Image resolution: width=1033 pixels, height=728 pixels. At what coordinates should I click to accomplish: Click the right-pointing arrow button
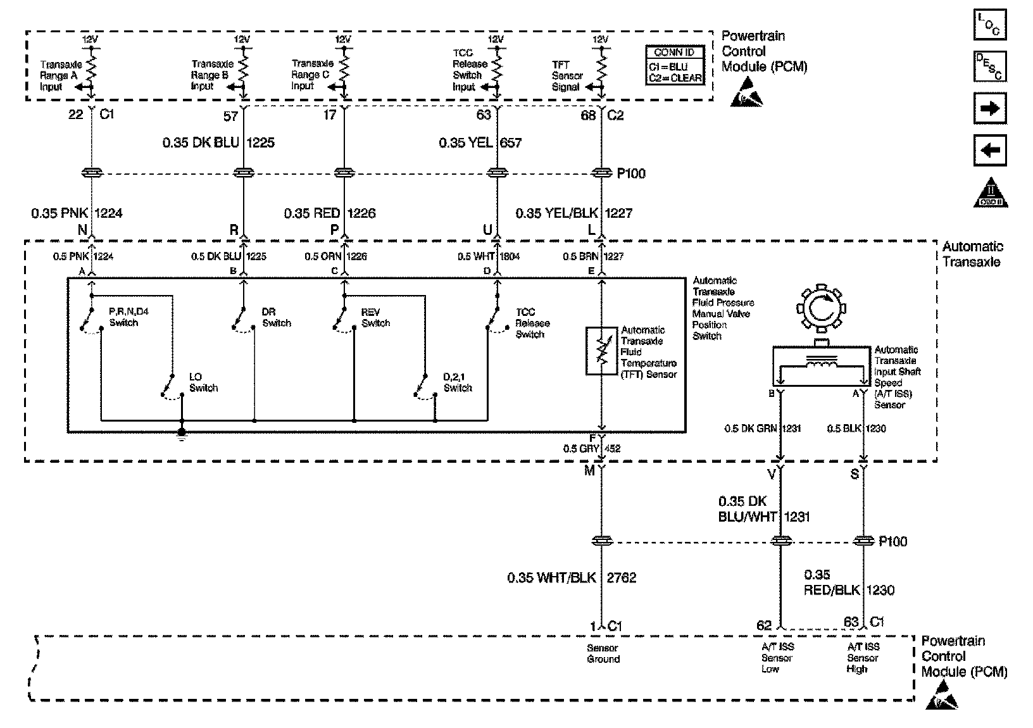point(989,109)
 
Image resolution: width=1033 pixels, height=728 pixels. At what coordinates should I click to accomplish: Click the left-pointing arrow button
point(989,151)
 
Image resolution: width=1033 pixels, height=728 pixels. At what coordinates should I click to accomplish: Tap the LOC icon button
point(989,25)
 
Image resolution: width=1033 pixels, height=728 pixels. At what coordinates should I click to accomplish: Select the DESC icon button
point(989,66)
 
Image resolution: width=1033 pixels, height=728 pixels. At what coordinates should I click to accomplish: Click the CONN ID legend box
point(675,65)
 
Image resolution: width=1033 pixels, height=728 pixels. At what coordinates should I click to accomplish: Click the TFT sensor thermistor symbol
point(601,351)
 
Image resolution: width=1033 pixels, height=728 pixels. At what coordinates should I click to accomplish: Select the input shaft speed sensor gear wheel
point(820,309)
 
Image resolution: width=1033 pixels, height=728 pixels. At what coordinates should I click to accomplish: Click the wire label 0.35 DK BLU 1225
point(218,142)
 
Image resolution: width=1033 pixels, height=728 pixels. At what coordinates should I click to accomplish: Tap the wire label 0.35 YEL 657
point(480,142)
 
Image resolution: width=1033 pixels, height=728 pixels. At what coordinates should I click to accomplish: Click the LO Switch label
point(203,382)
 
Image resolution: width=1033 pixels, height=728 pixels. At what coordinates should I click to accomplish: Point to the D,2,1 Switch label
point(458,382)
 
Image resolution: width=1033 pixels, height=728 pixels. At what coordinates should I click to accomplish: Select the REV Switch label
point(375,318)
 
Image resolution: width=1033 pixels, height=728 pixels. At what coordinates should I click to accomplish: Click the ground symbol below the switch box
point(182,434)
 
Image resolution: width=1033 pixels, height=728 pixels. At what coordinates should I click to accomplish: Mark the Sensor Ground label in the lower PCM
point(603,653)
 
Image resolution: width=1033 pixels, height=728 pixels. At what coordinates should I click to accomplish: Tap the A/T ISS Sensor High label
point(863,658)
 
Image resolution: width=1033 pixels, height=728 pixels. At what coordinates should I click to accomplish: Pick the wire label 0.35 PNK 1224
point(77,213)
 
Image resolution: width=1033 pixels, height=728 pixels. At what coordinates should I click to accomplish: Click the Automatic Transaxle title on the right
point(972,254)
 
